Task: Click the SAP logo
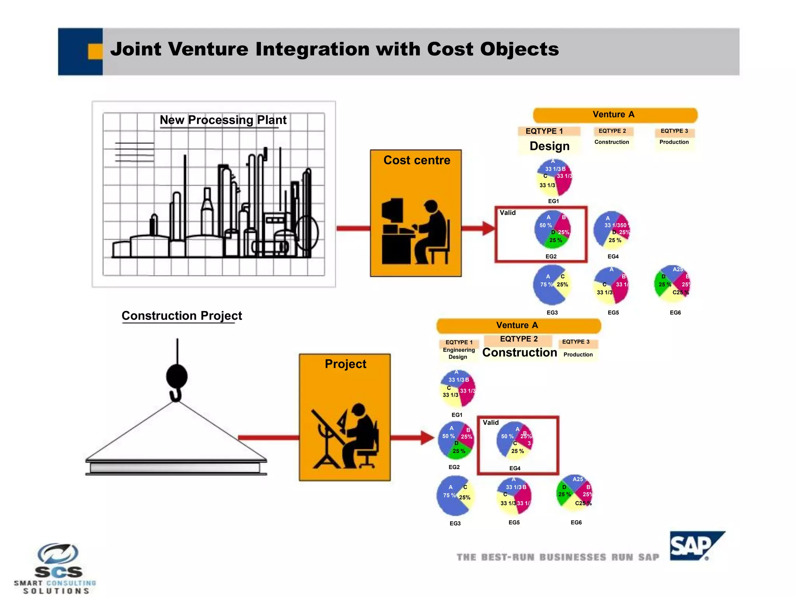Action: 696,546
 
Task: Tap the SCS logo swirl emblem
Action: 58,553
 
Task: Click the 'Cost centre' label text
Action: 417,160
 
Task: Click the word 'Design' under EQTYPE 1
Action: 549,146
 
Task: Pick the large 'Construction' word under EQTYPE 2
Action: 519,353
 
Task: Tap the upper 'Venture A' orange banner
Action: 615,115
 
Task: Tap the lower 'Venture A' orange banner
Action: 518,326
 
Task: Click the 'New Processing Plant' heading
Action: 223,120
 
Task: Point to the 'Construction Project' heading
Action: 182,316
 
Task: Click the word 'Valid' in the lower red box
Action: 491,422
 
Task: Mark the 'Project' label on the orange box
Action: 345,364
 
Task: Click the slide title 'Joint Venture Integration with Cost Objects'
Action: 334,49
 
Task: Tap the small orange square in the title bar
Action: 95,51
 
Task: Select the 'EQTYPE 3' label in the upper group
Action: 674,131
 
